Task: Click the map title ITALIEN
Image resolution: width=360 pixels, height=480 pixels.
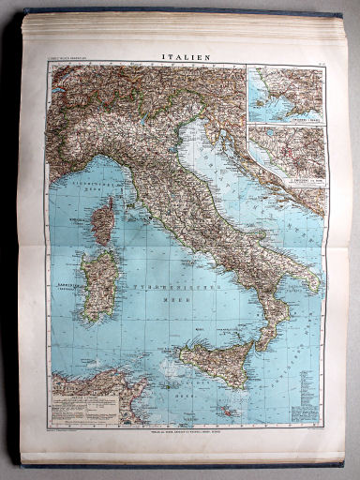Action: [x=186, y=55]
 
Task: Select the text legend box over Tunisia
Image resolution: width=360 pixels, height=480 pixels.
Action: [x=84, y=413]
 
